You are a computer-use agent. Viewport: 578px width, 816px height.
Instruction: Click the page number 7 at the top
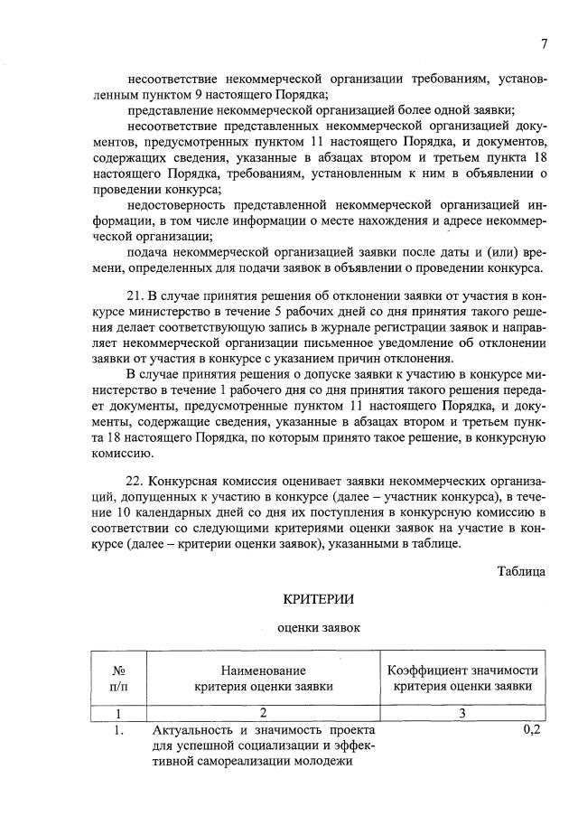click(545, 43)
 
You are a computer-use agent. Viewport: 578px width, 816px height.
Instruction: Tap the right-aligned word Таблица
click(521, 570)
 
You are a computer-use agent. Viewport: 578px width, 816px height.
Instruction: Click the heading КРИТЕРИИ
click(319, 599)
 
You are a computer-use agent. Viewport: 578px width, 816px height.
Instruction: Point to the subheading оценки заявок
click(318, 627)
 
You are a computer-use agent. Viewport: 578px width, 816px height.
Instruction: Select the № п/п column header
click(117, 678)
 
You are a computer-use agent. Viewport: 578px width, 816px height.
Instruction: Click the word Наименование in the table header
click(263, 671)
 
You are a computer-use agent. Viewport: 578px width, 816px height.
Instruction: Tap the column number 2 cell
click(263, 713)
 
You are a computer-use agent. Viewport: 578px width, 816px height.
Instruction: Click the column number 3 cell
click(461, 713)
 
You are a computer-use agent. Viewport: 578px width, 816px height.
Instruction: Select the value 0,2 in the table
click(531, 730)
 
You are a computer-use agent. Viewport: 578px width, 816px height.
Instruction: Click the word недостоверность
click(176, 205)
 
